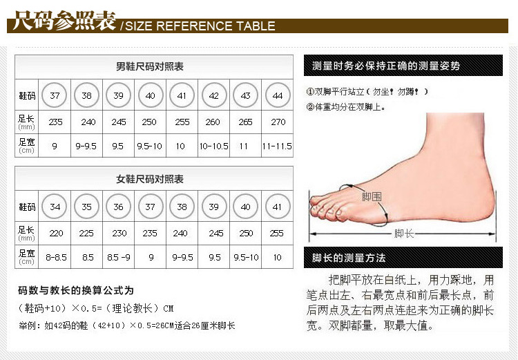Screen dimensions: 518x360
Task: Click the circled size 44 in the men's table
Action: point(278,95)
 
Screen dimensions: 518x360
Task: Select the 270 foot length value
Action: point(278,122)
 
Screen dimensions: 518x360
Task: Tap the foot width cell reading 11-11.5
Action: point(277,146)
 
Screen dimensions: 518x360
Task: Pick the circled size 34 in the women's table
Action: point(55,207)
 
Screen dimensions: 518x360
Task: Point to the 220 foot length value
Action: point(56,234)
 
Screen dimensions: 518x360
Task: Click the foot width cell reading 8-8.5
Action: point(56,257)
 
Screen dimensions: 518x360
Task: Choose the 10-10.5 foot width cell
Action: point(213,146)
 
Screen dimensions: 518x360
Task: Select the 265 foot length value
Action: point(245,122)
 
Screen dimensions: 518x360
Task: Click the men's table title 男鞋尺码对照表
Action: point(150,66)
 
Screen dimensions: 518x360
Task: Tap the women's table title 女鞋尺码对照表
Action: point(150,179)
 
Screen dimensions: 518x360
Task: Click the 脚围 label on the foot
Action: point(372,197)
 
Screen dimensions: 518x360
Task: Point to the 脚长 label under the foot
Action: point(404,234)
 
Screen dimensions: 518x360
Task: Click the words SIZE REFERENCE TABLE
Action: point(200,26)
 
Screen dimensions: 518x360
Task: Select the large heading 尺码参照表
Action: point(64,21)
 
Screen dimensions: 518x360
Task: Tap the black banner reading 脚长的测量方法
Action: point(403,258)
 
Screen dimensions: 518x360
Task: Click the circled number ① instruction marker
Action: point(310,92)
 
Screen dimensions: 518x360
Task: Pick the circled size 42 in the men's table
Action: point(213,95)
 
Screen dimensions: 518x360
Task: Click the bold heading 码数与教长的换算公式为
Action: point(76,291)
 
